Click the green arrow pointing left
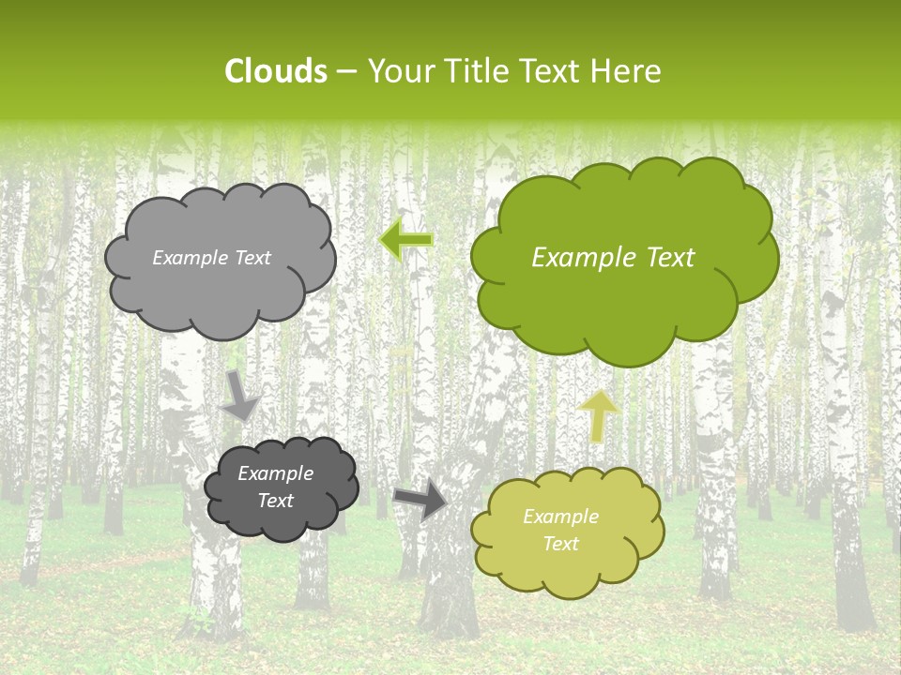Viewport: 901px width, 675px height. tap(406, 240)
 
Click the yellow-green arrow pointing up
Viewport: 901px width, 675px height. tap(599, 415)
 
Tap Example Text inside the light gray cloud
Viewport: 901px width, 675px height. tap(211, 258)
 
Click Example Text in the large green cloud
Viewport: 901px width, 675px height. tap(613, 258)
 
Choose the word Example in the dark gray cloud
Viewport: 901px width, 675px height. tap(275, 473)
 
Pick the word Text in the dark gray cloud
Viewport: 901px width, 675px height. tap(275, 501)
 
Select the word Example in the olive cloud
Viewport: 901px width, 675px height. tap(560, 517)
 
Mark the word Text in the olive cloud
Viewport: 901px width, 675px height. tap(560, 544)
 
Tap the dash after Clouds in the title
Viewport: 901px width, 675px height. tap(345, 71)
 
